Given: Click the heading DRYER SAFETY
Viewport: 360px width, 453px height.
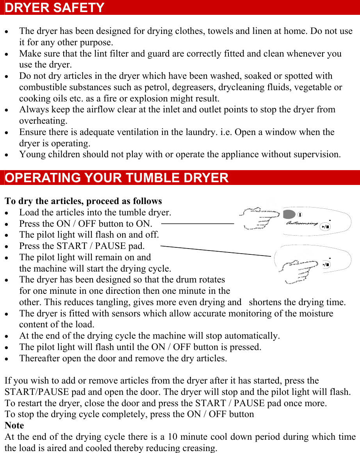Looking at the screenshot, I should [x=55, y=7].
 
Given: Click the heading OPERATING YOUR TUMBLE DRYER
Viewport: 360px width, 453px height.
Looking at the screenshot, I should [x=116, y=178].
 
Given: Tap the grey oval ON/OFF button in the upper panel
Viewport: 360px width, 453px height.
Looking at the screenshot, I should [x=289, y=214].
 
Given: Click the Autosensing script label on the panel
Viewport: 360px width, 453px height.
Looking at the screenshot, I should [x=302, y=223].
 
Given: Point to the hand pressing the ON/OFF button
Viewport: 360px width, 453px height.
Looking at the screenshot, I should [x=258, y=219].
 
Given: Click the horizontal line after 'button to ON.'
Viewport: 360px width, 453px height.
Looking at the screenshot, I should [x=197, y=224].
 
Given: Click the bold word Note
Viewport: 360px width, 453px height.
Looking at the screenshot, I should [x=14, y=425].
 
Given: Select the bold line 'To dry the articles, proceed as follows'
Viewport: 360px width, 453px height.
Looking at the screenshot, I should [x=83, y=201].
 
